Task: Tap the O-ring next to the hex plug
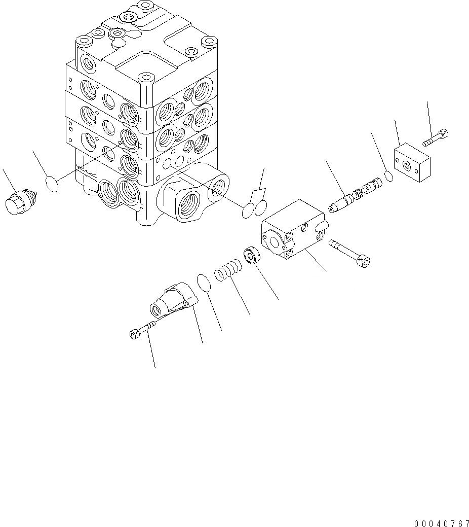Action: pos(52,184)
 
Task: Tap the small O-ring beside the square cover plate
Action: pos(388,176)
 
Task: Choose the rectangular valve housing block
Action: pos(293,231)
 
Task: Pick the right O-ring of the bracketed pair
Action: pos(260,206)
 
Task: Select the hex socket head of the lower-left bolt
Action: pos(133,334)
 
